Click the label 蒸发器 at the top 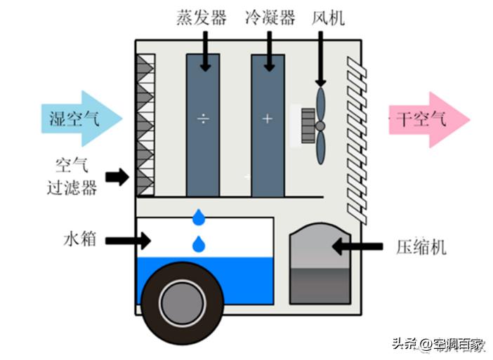click(x=202, y=18)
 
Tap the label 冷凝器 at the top click(x=270, y=18)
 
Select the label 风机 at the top click(x=328, y=18)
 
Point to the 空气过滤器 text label click(x=75, y=176)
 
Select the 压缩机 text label click(x=426, y=247)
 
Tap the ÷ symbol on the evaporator click(x=203, y=119)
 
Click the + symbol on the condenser click(x=267, y=119)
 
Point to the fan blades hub click(x=320, y=126)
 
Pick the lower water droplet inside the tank click(x=199, y=244)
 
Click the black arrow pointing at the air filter click(x=117, y=177)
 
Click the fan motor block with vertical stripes click(x=308, y=126)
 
